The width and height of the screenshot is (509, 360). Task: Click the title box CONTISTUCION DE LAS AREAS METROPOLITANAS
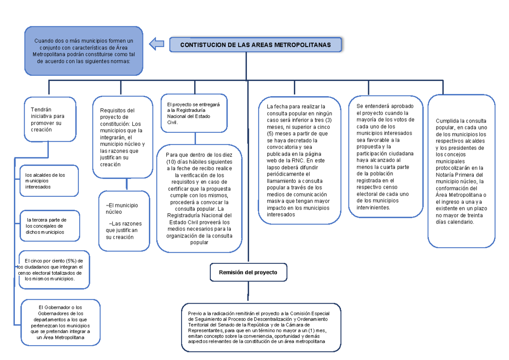click(255, 45)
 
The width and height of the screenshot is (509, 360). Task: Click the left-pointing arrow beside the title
click(157, 43)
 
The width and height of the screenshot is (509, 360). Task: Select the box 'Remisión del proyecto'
click(248, 272)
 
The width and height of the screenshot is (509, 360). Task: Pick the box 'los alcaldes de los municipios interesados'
click(49, 181)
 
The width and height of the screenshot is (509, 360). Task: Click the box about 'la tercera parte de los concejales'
click(50, 226)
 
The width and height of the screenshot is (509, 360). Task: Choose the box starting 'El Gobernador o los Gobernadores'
click(60, 322)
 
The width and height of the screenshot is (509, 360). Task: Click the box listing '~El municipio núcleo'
click(124, 221)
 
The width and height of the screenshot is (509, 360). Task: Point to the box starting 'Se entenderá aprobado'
click(385, 156)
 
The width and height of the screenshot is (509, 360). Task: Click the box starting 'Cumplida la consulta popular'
click(461, 171)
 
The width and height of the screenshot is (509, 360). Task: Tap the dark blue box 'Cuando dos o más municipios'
click(84, 51)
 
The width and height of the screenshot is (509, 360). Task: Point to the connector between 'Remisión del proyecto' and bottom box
click(248, 293)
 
